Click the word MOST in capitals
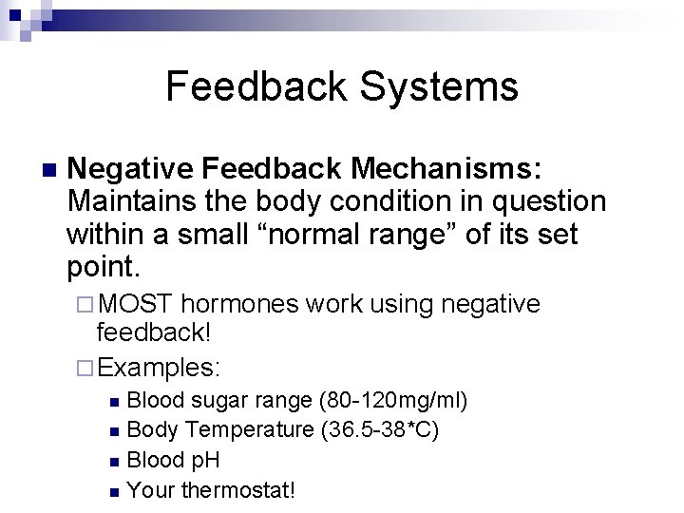click(135, 304)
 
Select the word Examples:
click(160, 366)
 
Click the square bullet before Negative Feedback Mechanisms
click(37, 170)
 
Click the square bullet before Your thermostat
click(114, 492)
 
